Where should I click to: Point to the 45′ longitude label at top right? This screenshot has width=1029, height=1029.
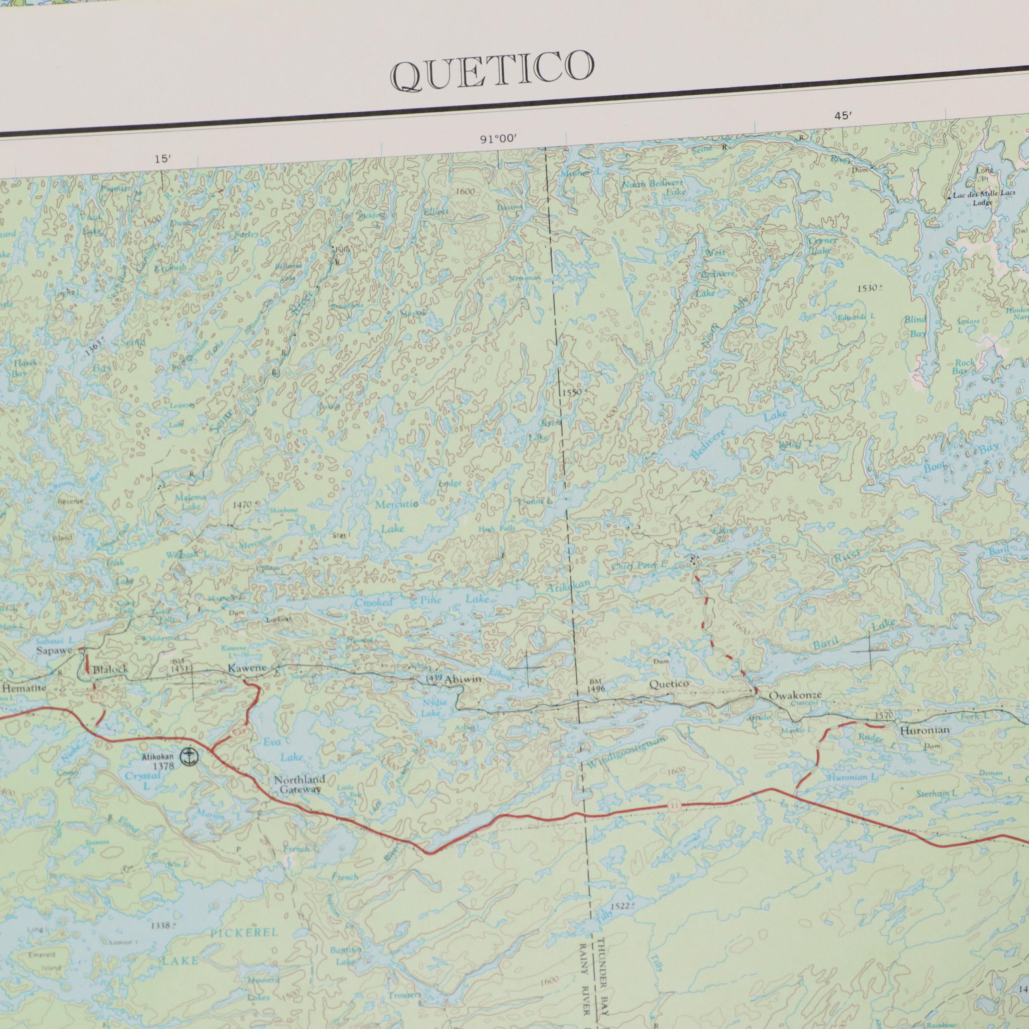tap(844, 117)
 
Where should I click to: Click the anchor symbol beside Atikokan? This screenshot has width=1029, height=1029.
tap(188, 756)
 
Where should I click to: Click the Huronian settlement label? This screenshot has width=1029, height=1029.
tap(924, 731)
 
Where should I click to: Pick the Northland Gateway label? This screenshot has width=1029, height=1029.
tap(299, 785)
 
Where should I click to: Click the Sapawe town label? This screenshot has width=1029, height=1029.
tap(54, 650)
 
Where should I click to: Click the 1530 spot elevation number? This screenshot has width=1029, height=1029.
tap(868, 288)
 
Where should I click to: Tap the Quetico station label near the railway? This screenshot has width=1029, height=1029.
tap(669, 684)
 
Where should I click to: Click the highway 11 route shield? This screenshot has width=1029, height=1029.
tap(675, 806)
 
